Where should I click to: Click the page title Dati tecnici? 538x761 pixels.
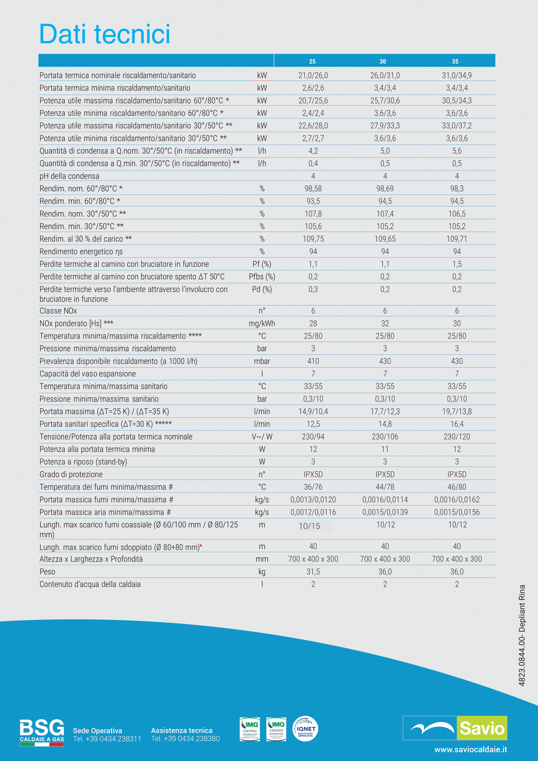105,34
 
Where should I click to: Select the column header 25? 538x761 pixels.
312,62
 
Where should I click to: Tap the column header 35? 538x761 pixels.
455,62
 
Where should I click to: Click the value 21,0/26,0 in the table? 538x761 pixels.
313,76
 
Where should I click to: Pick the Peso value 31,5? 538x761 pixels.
313,572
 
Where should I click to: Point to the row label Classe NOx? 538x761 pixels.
58,311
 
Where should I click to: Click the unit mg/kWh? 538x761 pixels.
262,324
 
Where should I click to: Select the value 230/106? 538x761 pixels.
385,437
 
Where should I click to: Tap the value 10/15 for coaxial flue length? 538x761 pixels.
309,526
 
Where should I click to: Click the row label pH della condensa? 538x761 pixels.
69,176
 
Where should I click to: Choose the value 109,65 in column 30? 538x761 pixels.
385,239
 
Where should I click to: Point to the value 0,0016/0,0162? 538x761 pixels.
456,500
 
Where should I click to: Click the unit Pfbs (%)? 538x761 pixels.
262,277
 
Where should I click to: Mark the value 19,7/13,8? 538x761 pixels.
456,412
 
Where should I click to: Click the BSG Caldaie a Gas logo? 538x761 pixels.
42,733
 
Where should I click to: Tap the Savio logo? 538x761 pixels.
455,728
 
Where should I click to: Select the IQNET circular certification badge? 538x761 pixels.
305,729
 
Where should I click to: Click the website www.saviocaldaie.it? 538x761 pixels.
471,749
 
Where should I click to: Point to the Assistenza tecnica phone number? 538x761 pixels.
185,739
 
